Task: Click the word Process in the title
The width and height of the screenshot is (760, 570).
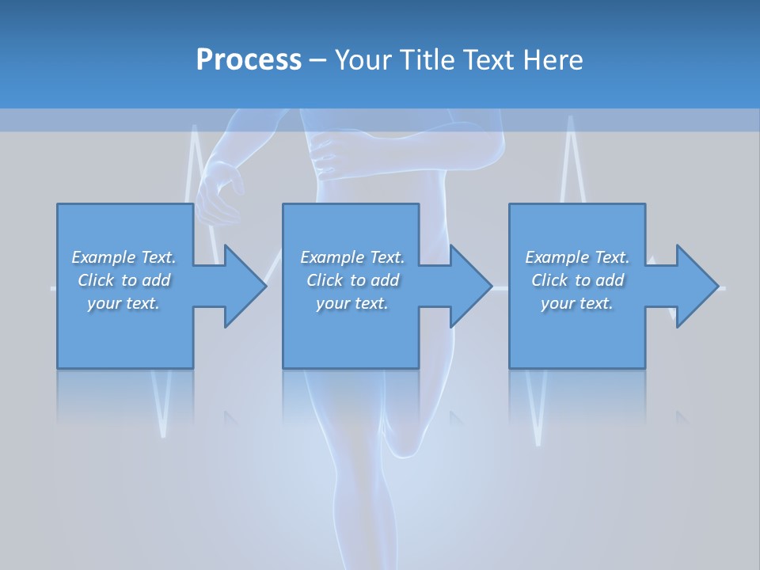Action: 249,60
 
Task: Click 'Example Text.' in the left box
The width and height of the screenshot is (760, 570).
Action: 123,257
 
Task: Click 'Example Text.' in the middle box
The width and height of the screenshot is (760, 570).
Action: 352,257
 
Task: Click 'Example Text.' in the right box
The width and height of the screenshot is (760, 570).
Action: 577,257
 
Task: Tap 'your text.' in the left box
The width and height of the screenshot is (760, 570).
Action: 123,303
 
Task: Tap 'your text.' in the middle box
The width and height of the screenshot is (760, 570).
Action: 352,303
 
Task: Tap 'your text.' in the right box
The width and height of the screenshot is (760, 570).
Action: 577,303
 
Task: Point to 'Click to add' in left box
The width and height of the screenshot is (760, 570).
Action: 123,280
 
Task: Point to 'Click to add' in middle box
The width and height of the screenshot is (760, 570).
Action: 352,280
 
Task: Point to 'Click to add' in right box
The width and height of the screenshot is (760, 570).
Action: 577,280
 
